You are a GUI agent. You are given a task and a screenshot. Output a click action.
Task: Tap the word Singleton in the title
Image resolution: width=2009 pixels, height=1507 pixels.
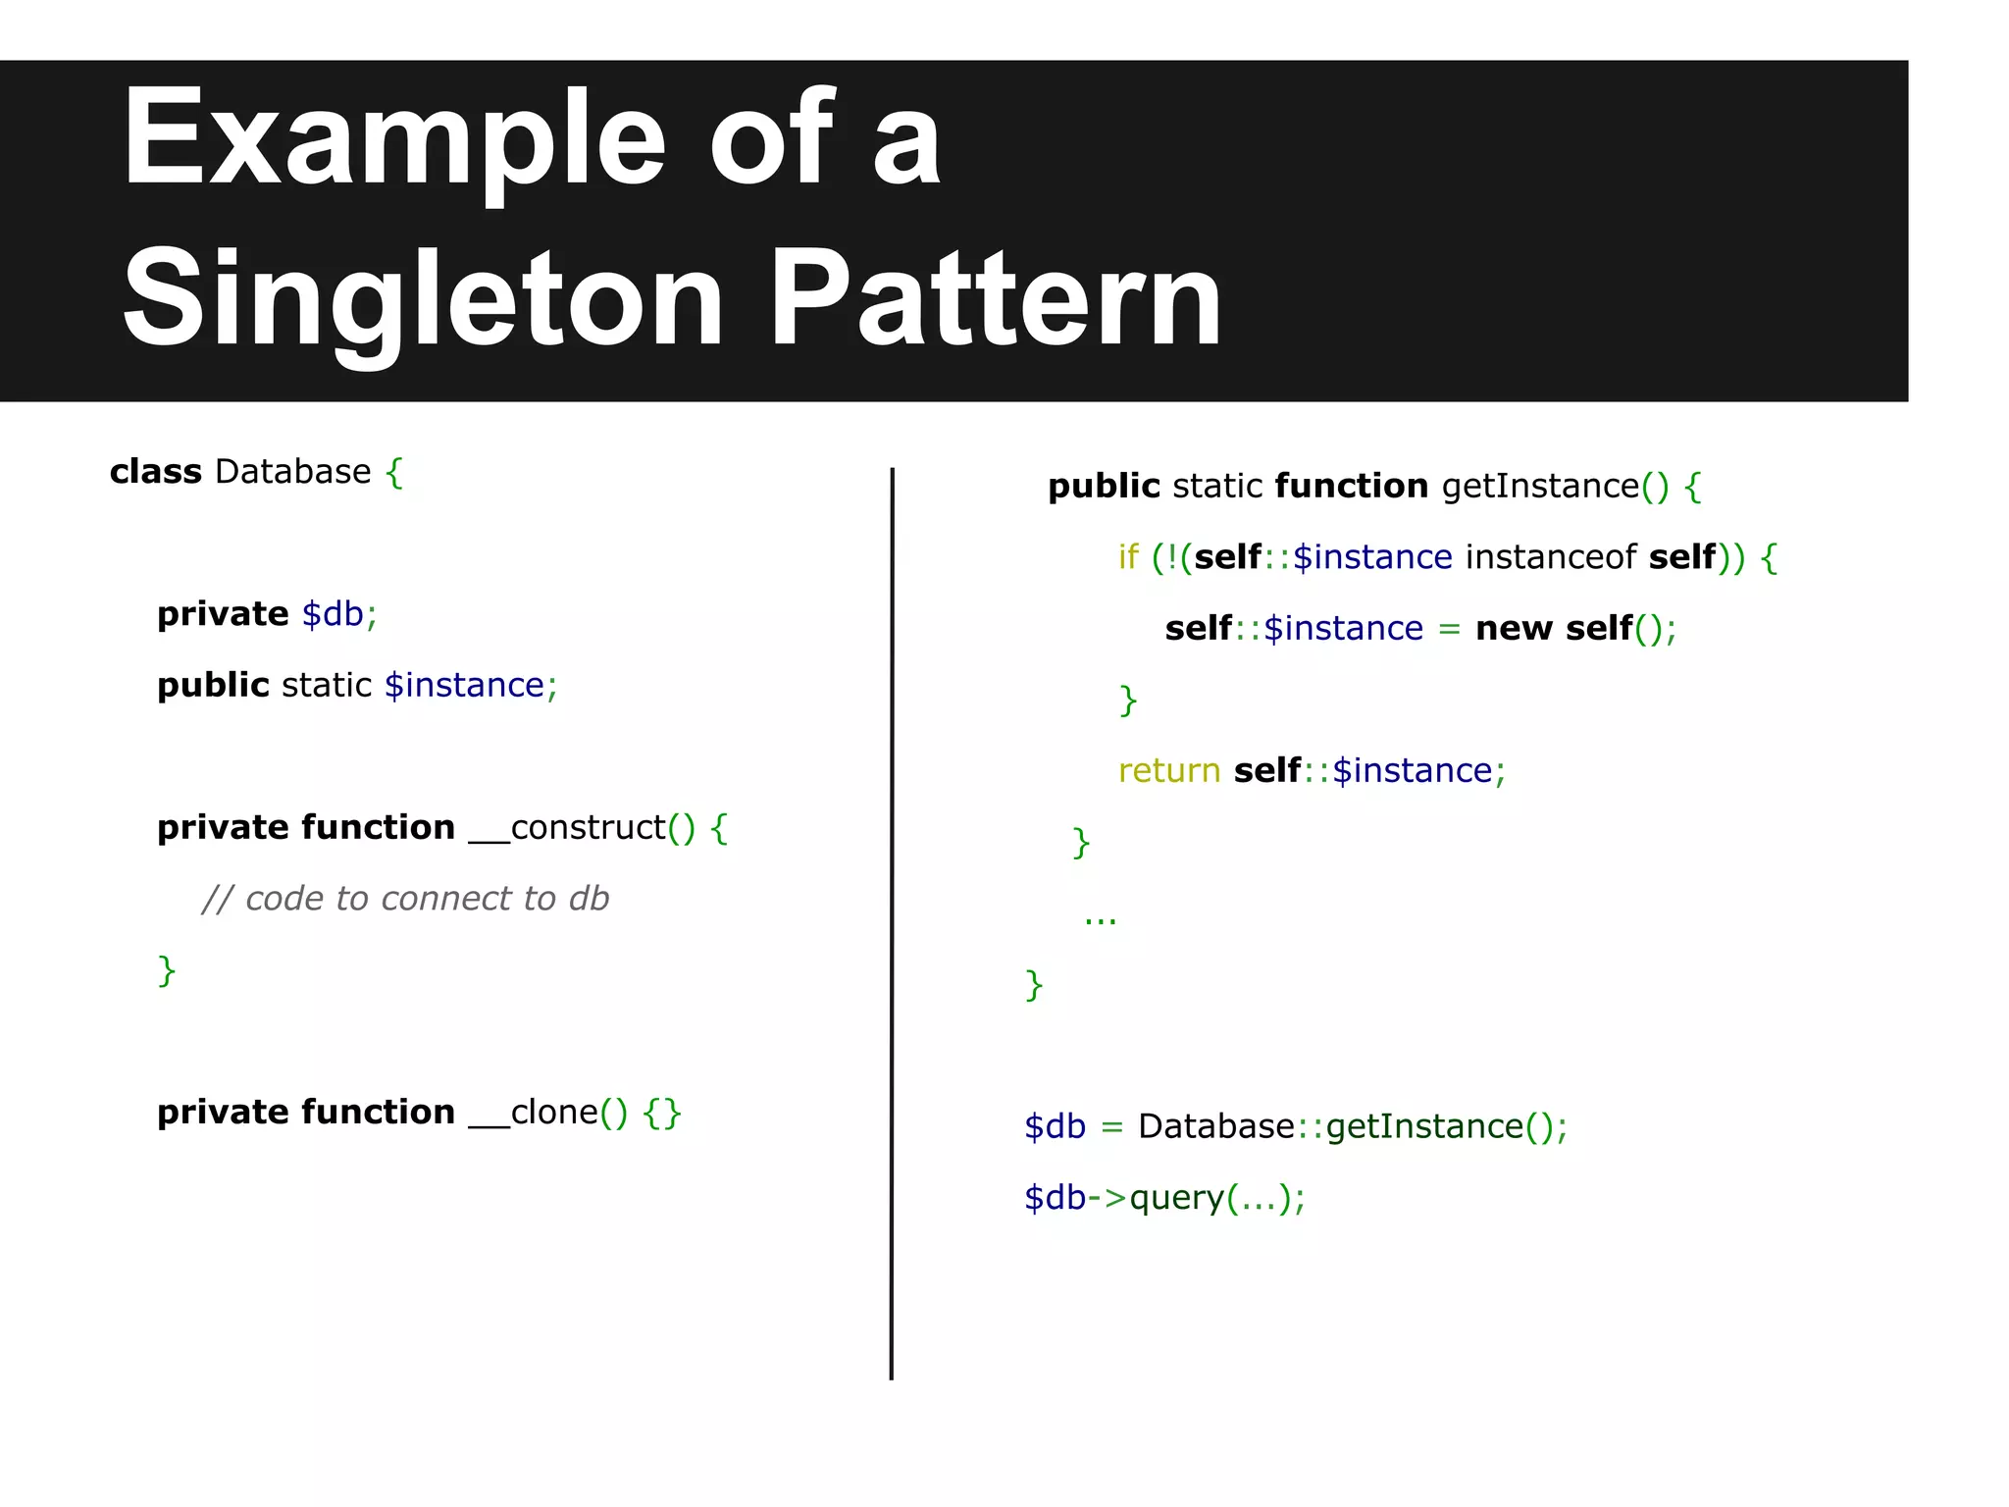[x=422, y=299]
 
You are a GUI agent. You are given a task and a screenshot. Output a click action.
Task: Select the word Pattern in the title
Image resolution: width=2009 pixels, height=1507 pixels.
[x=996, y=299]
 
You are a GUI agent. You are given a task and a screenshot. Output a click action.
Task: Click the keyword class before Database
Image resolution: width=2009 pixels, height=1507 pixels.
[x=155, y=472]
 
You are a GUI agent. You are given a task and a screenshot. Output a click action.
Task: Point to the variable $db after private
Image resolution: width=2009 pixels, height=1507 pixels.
[x=334, y=614]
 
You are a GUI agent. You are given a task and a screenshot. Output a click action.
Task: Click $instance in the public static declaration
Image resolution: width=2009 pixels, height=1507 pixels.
[x=465, y=685]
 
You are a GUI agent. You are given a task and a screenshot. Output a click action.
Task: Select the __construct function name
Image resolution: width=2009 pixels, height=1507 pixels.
[x=567, y=828]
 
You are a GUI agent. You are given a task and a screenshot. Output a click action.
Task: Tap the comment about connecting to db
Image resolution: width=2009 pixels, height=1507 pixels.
[x=405, y=899]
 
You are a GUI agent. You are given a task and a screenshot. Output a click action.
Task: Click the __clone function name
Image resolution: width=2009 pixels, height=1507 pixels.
[x=534, y=1113]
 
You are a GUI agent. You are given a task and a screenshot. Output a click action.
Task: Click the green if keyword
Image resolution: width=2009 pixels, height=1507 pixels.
[x=1128, y=557]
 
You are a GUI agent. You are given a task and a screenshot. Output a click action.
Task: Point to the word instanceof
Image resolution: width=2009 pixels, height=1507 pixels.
[x=1550, y=557]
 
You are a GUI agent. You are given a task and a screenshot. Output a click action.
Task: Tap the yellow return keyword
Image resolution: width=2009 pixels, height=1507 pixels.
[x=1168, y=771]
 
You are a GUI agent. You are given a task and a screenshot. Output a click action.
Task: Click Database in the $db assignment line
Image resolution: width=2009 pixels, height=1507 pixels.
[x=1216, y=1127]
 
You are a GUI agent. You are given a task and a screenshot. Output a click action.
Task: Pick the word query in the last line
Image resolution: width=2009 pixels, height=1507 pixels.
[x=1177, y=1199]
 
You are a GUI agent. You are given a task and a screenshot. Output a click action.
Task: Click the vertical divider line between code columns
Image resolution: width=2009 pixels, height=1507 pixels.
[x=892, y=922]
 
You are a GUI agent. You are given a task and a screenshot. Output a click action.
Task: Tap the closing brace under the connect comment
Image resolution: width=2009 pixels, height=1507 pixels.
[x=167, y=970]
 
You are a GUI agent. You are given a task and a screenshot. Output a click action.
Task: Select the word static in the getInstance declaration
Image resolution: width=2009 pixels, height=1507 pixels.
[x=1217, y=487]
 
